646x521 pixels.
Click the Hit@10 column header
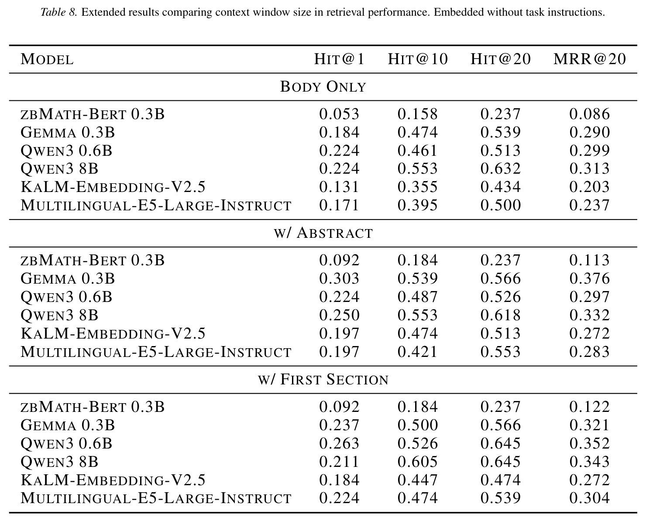(x=418, y=59)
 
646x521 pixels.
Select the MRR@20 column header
(x=590, y=59)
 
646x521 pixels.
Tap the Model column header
(x=47, y=59)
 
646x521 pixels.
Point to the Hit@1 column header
(x=339, y=59)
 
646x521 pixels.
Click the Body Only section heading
(x=323, y=87)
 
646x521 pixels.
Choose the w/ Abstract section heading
(x=323, y=233)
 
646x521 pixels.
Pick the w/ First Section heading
(x=323, y=379)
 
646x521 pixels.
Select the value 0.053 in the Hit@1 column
(x=339, y=114)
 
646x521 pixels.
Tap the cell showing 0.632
(x=500, y=169)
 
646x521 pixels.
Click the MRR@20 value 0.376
(x=590, y=278)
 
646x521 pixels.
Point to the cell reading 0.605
(x=418, y=462)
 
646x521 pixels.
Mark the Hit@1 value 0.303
(x=339, y=278)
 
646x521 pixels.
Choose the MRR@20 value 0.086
(x=590, y=114)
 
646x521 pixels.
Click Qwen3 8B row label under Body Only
(x=59, y=169)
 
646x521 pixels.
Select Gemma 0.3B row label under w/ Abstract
(x=68, y=278)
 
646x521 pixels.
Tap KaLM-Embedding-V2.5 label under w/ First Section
(x=113, y=480)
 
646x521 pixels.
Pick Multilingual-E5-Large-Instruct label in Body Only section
(x=156, y=206)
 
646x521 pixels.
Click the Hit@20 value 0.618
(x=500, y=315)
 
